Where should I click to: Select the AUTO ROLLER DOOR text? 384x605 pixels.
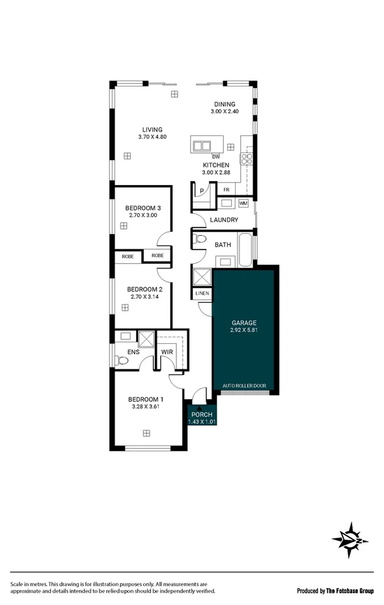click(244, 386)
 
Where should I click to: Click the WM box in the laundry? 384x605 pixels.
click(243, 203)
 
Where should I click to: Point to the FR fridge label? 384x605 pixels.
click(226, 190)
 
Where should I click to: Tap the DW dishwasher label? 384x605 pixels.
click(215, 157)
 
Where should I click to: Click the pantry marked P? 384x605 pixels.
click(202, 191)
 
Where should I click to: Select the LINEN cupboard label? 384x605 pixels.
click(202, 294)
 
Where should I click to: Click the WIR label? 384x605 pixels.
click(167, 352)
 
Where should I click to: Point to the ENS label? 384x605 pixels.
click(133, 352)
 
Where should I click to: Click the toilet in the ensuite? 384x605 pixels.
click(121, 360)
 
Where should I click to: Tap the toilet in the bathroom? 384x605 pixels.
click(200, 239)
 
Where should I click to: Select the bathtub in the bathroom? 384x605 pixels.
click(245, 251)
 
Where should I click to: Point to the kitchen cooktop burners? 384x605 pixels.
click(247, 158)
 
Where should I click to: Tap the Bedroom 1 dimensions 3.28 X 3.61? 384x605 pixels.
click(144, 406)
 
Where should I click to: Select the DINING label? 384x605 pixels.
click(225, 104)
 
